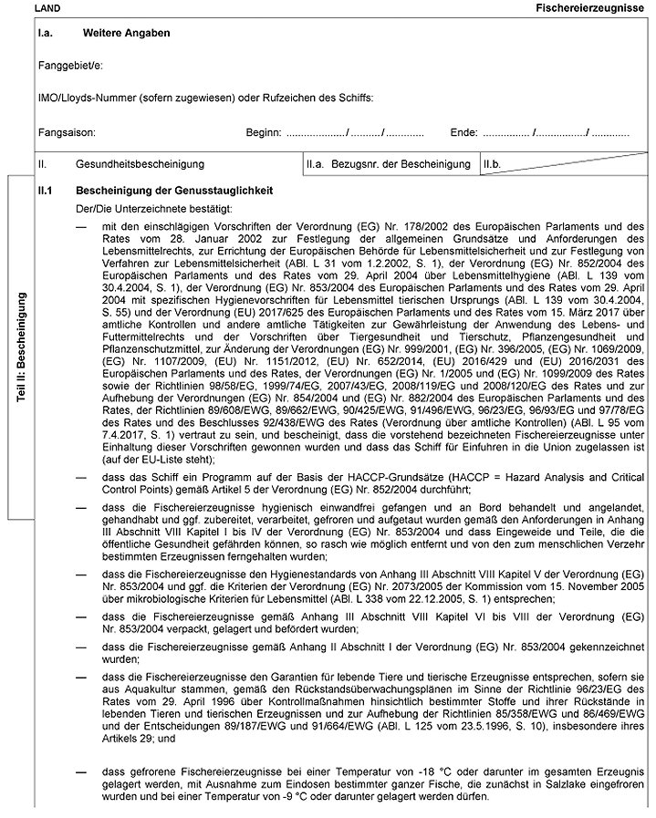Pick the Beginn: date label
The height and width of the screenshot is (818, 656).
click(264, 133)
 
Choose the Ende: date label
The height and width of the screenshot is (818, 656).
click(463, 133)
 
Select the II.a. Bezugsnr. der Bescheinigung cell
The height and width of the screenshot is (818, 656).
click(388, 165)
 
